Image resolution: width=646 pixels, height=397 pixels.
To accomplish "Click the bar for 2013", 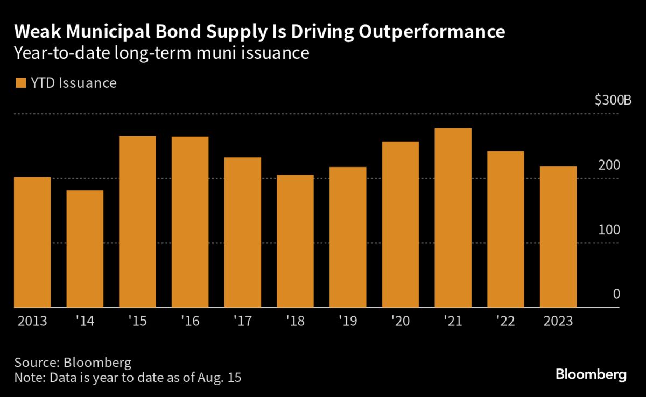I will pos(32,242).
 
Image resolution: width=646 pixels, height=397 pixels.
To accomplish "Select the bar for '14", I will pos(85,249).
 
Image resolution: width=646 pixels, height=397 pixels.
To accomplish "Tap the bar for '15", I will pos(137,222).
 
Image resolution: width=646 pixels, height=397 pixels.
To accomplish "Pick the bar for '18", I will pos(296,241).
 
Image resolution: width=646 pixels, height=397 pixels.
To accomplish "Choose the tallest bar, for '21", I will pos(453,218).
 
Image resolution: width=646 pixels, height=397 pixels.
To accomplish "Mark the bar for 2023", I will pos(559,237).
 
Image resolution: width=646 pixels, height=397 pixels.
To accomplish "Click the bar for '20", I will pos(401,225).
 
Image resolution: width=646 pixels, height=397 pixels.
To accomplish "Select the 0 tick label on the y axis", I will pos(617,295).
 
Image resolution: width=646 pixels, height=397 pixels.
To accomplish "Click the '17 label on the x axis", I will pos(243,321).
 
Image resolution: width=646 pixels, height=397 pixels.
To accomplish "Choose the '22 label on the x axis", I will pos(506,321).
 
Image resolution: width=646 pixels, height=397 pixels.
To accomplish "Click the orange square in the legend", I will pos(21,83).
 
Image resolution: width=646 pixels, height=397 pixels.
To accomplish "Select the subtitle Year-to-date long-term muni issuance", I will pos(161,54).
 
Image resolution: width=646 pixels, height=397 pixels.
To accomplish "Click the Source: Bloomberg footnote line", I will pos(73,361).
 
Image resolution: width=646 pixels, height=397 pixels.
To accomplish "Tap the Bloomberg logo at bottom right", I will pos(591,375).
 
